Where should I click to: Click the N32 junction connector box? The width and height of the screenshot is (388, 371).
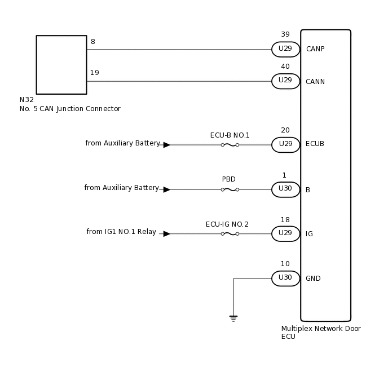61,65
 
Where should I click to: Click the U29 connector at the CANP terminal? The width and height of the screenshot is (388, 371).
285,49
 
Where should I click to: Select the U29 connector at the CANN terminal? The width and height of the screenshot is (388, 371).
285,81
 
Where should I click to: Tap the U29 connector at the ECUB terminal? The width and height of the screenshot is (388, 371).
285,145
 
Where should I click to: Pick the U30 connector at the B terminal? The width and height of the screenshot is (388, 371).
285,189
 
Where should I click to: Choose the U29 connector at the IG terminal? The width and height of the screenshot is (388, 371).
285,233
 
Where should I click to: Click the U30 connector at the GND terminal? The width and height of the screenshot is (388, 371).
285,278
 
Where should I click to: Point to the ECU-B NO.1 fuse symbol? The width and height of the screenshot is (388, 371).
230,145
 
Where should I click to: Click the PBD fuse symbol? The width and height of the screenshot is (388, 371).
230,189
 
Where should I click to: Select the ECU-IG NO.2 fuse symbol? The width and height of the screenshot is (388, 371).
230,233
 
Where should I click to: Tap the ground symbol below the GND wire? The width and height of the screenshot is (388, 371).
233,318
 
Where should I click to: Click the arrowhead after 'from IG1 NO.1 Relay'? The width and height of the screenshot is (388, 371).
166,233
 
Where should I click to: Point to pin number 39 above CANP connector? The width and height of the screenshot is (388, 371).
285,35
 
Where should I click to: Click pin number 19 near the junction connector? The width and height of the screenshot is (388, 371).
95,73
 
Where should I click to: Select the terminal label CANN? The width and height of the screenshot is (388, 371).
315,82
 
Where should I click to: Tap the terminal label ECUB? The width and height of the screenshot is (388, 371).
315,144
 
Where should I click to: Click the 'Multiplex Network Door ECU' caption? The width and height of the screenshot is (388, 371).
321,333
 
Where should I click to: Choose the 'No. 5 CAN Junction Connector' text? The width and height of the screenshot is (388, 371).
70,109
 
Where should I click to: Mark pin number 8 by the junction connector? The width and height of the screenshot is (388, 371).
92,41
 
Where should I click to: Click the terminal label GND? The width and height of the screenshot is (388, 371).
313,279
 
